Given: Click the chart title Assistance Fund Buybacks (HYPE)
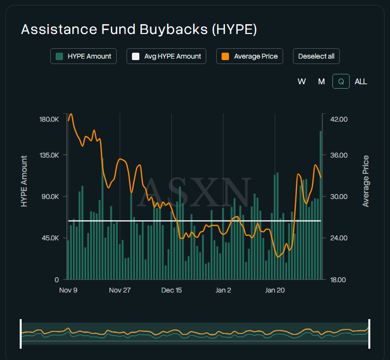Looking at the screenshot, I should click(139, 30).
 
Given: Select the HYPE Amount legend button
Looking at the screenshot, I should click(83, 56).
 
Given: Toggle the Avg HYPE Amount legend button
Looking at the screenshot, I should click(166, 56).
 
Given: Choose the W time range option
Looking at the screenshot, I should click(302, 81).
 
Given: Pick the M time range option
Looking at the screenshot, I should click(322, 81).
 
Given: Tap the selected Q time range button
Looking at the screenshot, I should click(341, 81).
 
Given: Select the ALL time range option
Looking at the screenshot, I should click(361, 81).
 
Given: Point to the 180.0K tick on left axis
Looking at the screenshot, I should click(49, 119).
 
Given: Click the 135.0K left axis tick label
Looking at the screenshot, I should click(49, 155).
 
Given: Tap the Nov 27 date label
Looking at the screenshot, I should click(120, 290).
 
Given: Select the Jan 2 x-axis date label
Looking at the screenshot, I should click(223, 290).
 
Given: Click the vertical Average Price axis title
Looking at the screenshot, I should click(366, 181).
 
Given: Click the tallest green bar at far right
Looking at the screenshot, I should click(321, 207).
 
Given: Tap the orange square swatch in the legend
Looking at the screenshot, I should click(226, 56).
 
